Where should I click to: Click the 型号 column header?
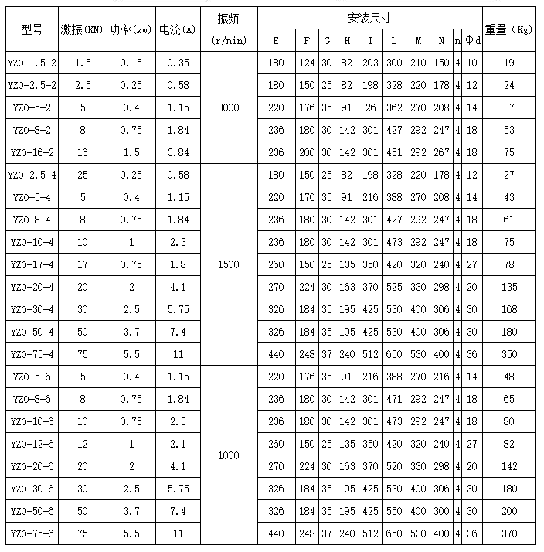(32, 29)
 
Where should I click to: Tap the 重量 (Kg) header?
(509, 29)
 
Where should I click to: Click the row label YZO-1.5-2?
(32, 62)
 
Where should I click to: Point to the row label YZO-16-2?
(32, 152)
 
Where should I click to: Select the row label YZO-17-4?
(32, 265)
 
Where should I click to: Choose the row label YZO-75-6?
(32, 534)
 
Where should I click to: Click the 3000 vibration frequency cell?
(229, 107)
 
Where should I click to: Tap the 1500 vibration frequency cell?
(229, 265)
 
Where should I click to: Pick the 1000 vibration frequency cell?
(229, 456)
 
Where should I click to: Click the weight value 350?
(509, 355)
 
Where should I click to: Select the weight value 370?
(509, 534)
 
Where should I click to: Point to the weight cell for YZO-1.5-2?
(509, 62)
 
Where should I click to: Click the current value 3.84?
(178, 152)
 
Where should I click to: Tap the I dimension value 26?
(372, 107)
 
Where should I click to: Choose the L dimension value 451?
(394, 152)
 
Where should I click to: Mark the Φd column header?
(472, 40)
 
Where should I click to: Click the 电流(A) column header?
(178, 29)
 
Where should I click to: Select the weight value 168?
(509, 310)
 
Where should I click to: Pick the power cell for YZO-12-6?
(131, 445)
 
